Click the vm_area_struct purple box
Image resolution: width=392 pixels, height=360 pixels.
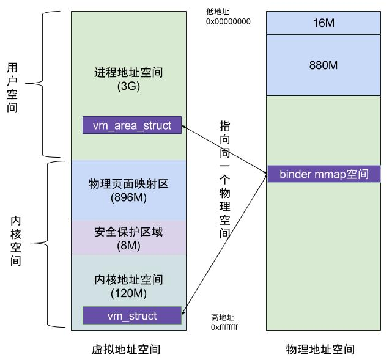[132, 125]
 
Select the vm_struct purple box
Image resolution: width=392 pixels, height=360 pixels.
[132, 316]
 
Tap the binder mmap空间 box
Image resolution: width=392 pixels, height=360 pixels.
[324, 174]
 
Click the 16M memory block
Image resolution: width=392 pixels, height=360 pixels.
[324, 23]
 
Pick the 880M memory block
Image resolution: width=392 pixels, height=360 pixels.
[324, 64]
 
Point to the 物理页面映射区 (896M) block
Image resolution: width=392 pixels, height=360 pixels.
[128, 190]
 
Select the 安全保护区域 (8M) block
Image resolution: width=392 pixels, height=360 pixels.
[128, 238]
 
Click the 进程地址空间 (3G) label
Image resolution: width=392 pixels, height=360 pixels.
[128, 79]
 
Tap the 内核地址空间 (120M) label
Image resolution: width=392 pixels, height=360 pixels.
[128, 286]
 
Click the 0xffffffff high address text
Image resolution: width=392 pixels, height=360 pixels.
[224, 327]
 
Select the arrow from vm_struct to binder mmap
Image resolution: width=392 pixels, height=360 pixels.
[224, 244]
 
